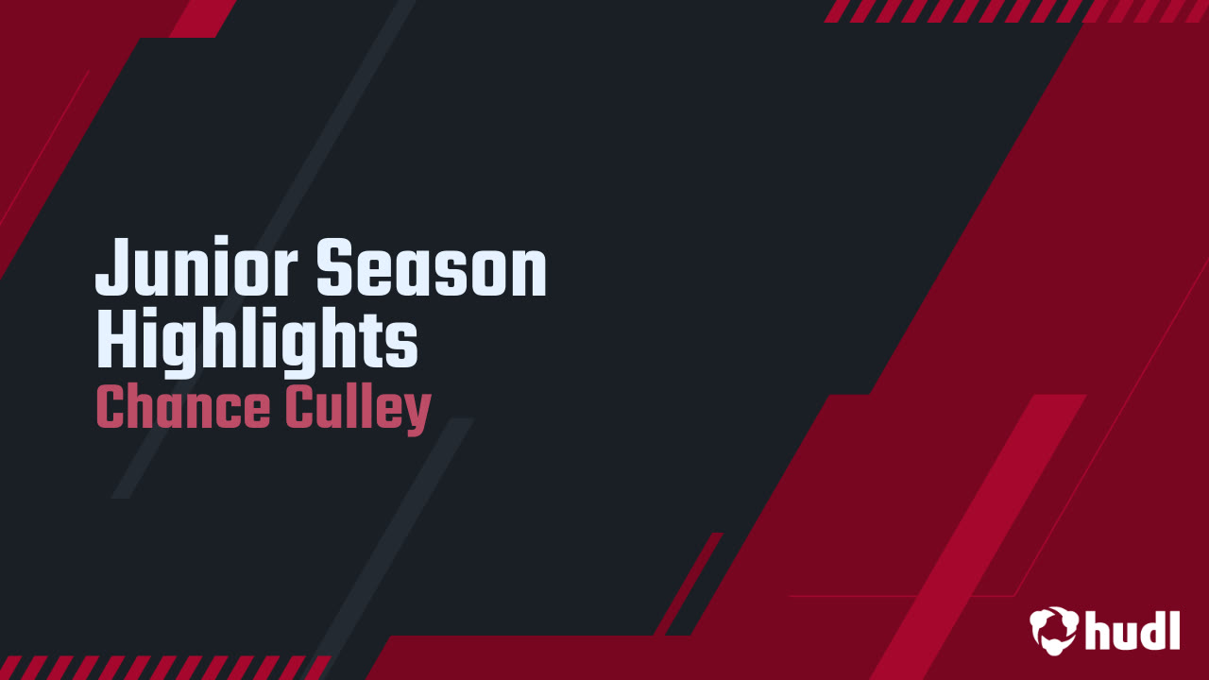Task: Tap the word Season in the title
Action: pyautogui.click(x=432, y=269)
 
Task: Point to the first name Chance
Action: pyautogui.click(x=183, y=408)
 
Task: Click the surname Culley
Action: pyautogui.click(x=357, y=408)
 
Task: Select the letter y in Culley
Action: pyautogui.click(x=417, y=416)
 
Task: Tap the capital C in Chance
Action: pyautogui.click(x=112, y=408)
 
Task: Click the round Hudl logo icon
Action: pyautogui.click(x=1054, y=630)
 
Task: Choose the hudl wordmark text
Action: pyautogui.click(x=1132, y=630)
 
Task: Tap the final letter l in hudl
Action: pyautogui.click(x=1173, y=628)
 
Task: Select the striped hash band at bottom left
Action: pyautogui.click(x=161, y=668)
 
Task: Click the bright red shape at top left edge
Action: pyautogui.click(x=203, y=17)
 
